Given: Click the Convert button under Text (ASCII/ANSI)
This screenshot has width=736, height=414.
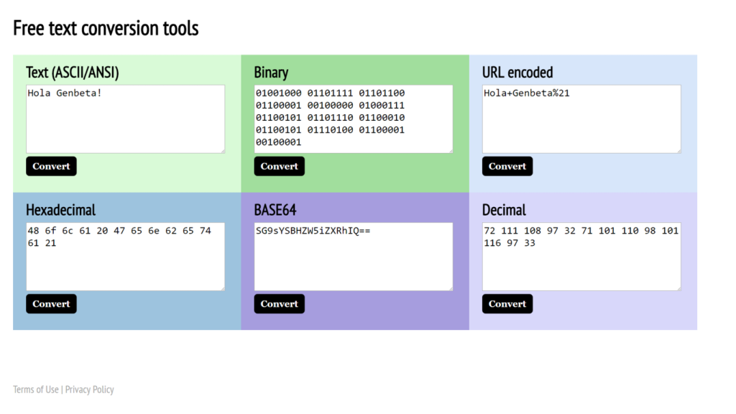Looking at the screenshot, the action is [51, 166].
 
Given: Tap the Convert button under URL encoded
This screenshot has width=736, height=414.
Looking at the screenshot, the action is [507, 166].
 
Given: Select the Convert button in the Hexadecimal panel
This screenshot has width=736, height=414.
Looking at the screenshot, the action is [51, 304].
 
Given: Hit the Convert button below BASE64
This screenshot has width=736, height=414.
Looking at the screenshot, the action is [280, 304].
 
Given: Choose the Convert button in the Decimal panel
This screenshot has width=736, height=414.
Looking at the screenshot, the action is [507, 304].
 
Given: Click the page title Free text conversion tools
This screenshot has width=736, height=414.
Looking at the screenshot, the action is [106, 28].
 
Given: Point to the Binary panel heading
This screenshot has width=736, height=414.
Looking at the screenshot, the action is [271, 73].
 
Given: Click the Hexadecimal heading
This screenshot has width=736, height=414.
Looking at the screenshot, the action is [60, 210].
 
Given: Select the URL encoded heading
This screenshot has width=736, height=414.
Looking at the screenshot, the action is [517, 73].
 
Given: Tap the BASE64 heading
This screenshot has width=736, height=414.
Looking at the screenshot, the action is [275, 210].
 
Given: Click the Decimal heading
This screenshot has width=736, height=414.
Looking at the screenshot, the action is [504, 210].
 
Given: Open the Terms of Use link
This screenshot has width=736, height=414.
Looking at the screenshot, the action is [36, 390].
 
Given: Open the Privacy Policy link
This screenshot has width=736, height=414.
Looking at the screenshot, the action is [90, 390].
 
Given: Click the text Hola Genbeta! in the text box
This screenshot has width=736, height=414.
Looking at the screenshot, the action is [64, 93].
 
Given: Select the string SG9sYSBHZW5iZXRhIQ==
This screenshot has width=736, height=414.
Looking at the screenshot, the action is [313, 231].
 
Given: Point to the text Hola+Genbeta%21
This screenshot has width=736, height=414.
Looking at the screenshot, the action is [527, 93].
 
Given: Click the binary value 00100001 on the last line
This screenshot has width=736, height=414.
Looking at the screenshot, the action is [278, 142].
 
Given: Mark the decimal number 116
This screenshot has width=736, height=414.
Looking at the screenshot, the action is [492, 243].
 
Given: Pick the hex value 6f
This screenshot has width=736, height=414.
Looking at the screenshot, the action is [50, 231].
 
